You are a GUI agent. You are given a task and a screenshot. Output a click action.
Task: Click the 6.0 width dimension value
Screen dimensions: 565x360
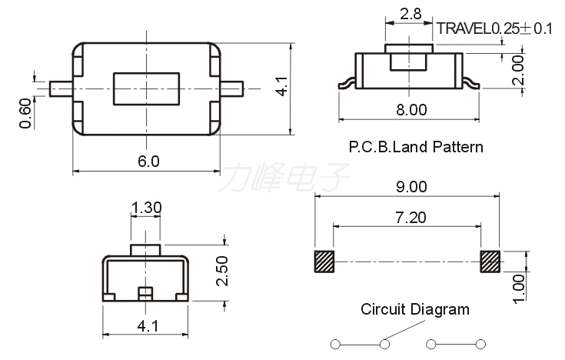pyautogui.click(x=148, y=162)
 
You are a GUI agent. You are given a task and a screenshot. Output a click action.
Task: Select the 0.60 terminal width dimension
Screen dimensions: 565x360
pyautogui.click(x=25, y=113)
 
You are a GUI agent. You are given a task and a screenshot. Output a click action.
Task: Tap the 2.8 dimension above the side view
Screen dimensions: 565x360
pyautogui.click(x=410, y=14)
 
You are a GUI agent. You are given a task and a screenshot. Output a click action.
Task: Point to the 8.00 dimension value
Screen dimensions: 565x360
pyautogui.click(x=411, y=110)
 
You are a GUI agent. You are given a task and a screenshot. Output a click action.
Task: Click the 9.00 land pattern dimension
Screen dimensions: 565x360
pyautogui.click(x=411, y=186)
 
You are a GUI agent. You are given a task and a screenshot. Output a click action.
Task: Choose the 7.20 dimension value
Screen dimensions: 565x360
pyautogui.click(x=410, y=218)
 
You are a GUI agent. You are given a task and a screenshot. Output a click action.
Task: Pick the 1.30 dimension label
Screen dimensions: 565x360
pyautogui.click(x=146, y=208)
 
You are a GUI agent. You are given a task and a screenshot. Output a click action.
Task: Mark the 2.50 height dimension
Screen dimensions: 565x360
pyautogui.click(x=222, y=271)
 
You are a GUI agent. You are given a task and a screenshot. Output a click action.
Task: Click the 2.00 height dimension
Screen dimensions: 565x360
pyautogui.click(x=518, y=70)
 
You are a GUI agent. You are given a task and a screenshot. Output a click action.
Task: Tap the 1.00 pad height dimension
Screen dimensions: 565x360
pyautogui.click(x=519, y=288)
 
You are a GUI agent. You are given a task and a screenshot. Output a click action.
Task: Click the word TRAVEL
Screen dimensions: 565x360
pyautogui.click(x=465, y=28)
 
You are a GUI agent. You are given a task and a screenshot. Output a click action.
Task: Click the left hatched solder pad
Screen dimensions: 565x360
pyautogui.click(x=324, y=262)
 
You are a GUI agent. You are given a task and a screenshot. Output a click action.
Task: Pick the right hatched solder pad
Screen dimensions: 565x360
pyautogui.click(x=490, y=262)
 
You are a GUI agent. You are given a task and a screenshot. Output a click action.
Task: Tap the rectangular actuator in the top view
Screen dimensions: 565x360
pyautogui.click(x=146, y=88)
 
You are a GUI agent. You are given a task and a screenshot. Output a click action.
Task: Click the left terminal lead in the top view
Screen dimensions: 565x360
pyautogui.click(x=61, y=88)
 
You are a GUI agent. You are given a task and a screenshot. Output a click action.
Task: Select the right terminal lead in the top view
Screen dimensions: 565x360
pyautogui.click(x=232, y=88)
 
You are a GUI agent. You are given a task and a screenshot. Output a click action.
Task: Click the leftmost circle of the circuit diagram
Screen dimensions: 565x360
pyautogui.click(x=335, y=345)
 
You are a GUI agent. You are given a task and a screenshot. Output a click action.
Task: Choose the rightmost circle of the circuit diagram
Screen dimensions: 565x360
pyautogui.click(x=480, y=345)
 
